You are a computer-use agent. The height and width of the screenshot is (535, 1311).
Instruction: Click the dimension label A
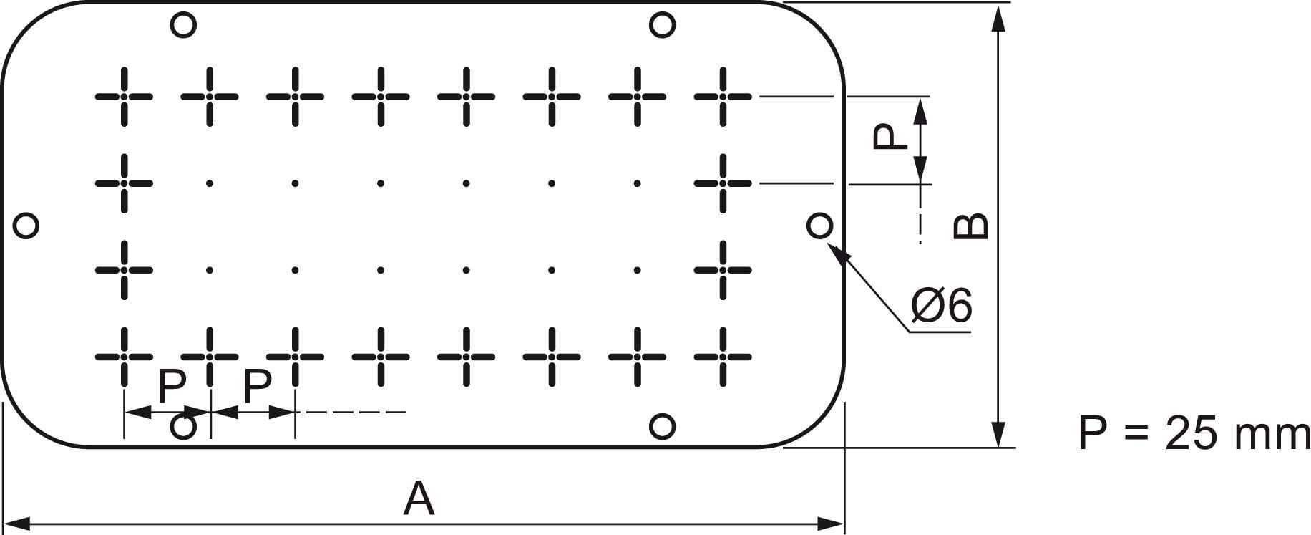[419, 499]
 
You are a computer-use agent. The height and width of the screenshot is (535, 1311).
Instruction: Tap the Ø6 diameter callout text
[942, 307]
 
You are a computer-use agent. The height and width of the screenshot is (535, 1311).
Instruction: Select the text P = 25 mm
[1194, 434]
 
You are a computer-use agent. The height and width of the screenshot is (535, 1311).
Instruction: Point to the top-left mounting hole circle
[183, 25]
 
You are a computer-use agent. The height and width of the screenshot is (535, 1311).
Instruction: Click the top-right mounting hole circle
[663, 25]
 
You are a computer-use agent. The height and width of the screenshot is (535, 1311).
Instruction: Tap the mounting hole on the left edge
[26, 226]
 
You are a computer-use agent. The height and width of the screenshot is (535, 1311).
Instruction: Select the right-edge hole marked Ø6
[819, 226]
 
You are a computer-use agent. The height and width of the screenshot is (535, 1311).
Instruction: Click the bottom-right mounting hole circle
[663, 427]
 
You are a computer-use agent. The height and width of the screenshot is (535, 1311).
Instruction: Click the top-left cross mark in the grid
[124, 96]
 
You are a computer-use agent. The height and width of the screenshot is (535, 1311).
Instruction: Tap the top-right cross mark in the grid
[723, 96]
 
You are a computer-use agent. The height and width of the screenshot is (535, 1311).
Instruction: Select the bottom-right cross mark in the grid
[723, 355]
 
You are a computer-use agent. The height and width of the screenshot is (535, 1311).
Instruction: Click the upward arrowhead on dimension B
[999, 17]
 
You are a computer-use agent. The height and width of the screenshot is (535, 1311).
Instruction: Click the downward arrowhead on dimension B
[999, 434]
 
